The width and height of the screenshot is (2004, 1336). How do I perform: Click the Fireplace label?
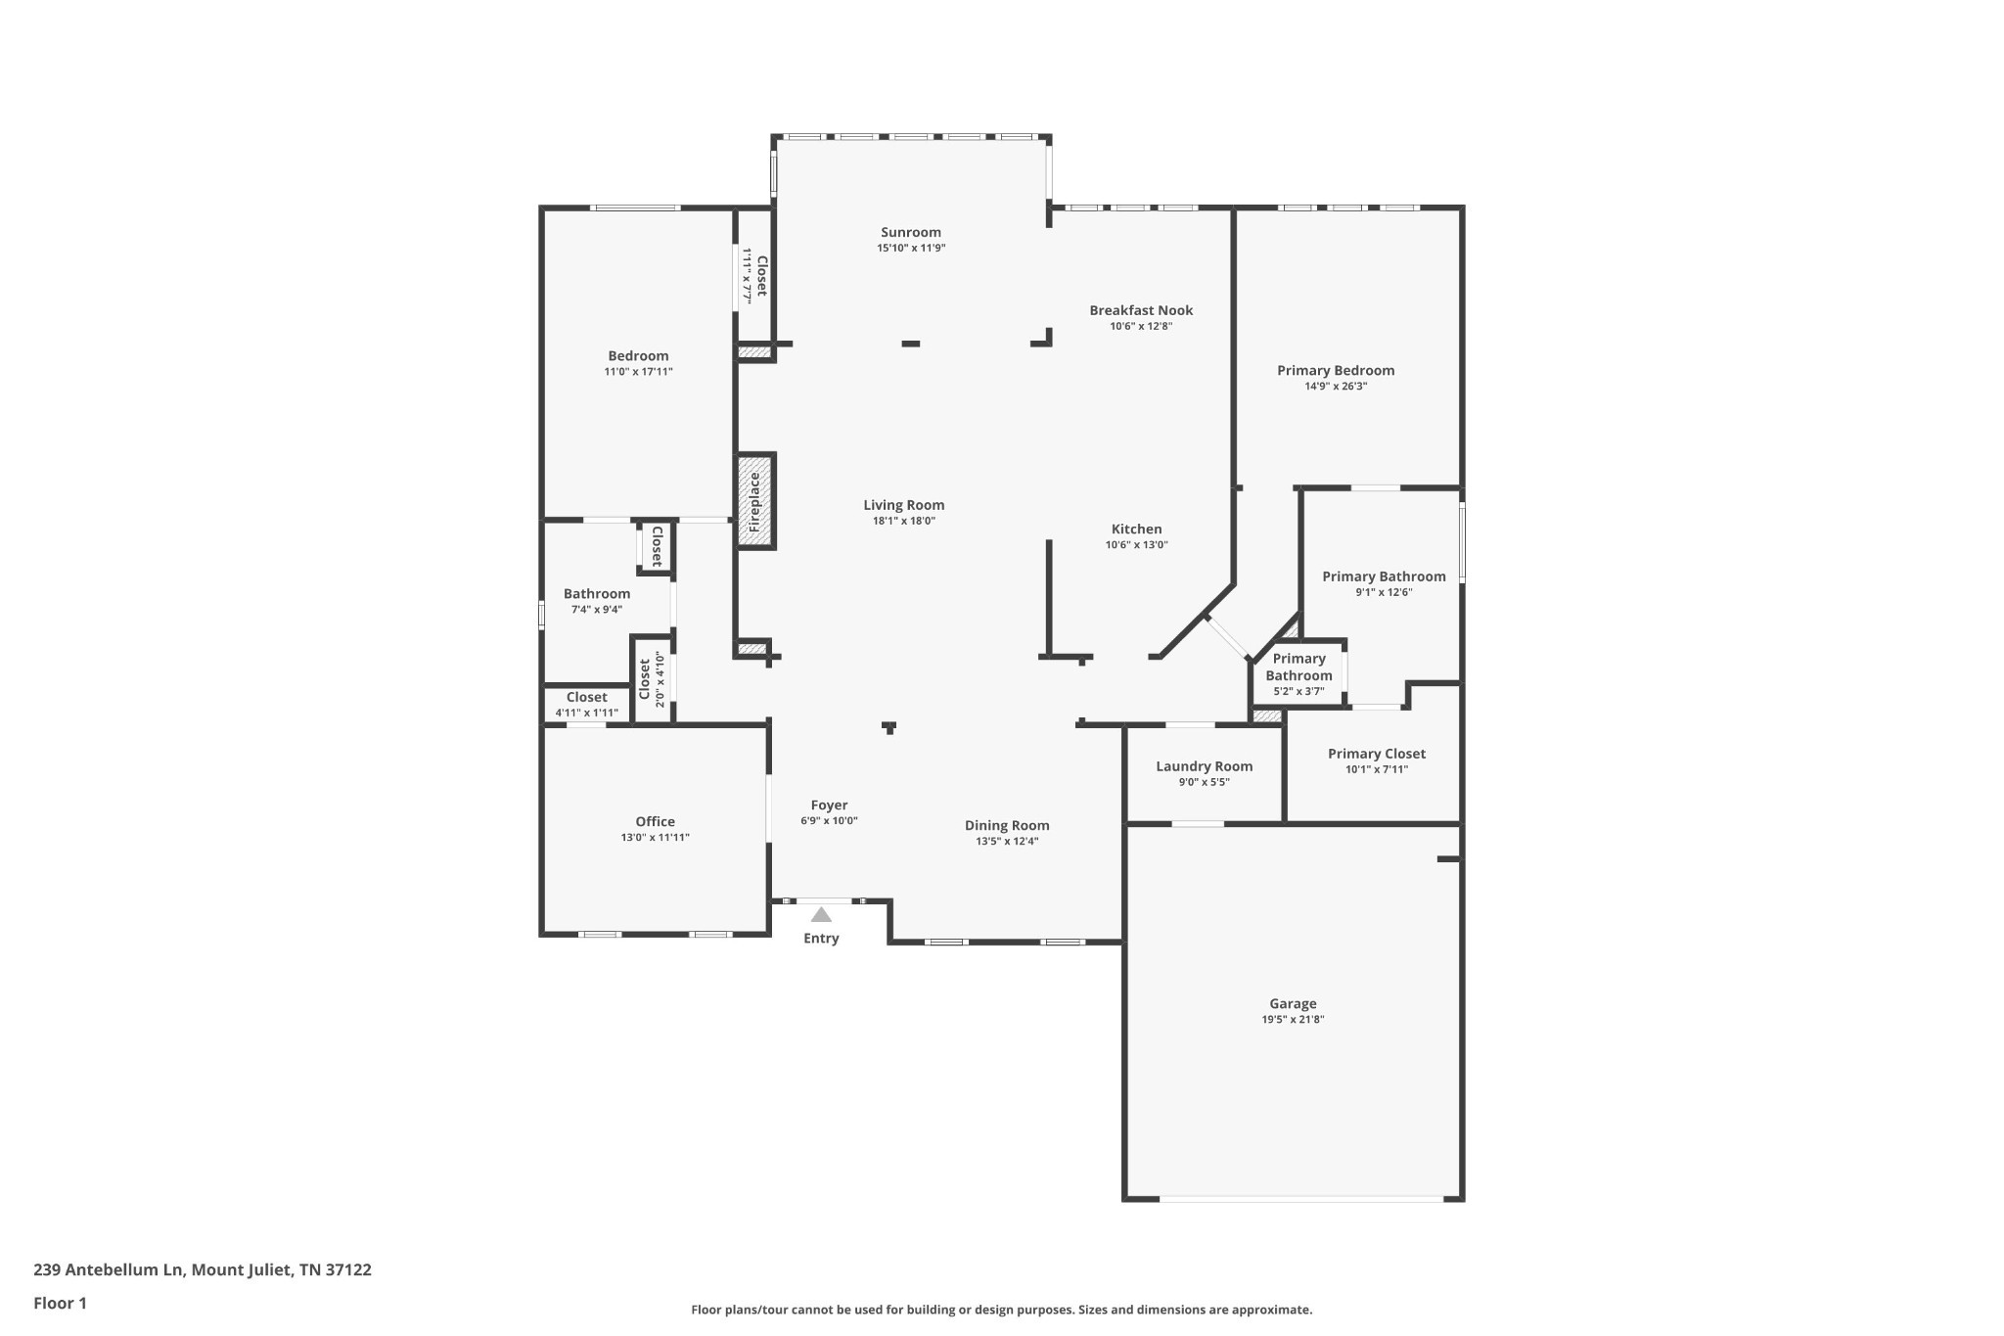[x=755, y=502]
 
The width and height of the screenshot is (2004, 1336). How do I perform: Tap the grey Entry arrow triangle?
[x=821, y=915]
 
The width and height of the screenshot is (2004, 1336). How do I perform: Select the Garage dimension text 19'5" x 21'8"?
[x=1293, y=1020]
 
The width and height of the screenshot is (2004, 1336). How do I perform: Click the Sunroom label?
[x=910, y=232]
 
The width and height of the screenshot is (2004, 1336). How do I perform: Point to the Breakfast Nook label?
[x=1141, y=310]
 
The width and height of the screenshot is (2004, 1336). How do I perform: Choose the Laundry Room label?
[x=1204, y=766]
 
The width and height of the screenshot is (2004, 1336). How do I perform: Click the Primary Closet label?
[x=1376, y=754]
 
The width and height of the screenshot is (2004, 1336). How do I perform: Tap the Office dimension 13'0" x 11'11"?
[x=655, y=838]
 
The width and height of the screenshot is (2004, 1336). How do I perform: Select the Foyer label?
[x=829, y=806]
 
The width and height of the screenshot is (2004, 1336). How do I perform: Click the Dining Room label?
[x=1007, y=825]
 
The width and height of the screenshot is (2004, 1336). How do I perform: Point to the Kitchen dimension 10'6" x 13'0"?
[x=1136, y=545]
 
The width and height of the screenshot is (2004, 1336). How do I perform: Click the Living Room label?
[x=903, y=505]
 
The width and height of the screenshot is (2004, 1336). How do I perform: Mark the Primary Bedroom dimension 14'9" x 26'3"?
[x=1335, y=387]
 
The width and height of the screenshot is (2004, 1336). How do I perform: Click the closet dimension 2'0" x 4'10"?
[x=660, y=679]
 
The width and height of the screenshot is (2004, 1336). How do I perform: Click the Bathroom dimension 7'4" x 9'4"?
[x=596, y=610]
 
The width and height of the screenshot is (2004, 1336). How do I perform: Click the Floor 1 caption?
[x=60, y=1303]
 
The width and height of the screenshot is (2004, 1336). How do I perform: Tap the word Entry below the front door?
[x=821, y=939]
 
